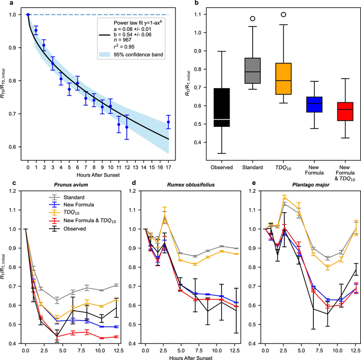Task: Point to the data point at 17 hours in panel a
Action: point(168,122)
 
